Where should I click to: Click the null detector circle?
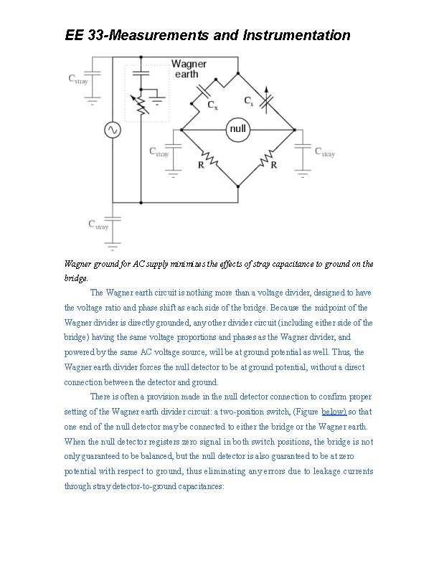[x=237, y=129]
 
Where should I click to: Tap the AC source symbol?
[x=113, y=130]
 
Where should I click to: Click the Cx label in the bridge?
[x=212, y=106]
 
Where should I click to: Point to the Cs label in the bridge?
[x=249, y=102]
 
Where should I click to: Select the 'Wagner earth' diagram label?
[x=189, y=69]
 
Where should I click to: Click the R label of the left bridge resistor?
[x=202, y=166]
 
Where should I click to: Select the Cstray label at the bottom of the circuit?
[x=98, y=225]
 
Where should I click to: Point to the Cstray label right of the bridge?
[x=325, y=153]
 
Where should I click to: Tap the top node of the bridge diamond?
[x=238, y=73]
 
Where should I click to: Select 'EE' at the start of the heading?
[x=75, y=34]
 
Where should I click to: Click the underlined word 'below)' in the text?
[x=334, y=412]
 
